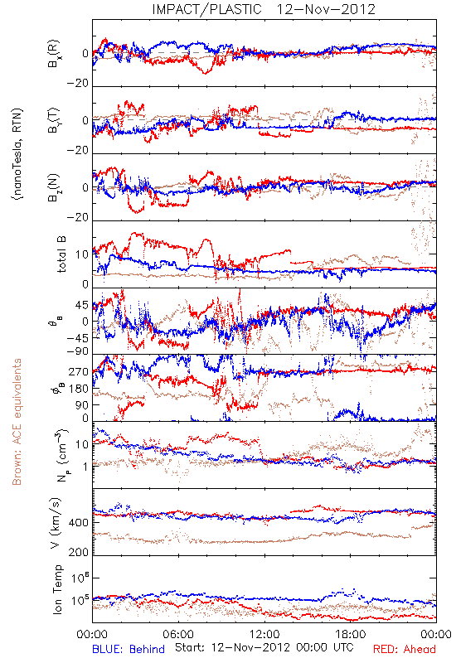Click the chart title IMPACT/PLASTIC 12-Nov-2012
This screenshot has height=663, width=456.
(x=264, y=9)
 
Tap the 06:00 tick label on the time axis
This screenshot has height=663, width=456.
(x=178, y=634)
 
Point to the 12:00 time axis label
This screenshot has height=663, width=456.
(x=264, y=634)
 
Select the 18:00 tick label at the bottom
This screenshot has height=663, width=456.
(x=351, y=634)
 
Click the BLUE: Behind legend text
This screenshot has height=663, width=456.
(x=129, y=649)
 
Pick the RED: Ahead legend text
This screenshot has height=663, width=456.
(x=405, y=649)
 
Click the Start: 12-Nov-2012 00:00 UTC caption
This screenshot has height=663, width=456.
(x=264, y=647)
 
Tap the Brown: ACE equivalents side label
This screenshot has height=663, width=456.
(x=17, y=422)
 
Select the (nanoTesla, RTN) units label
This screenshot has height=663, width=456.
(x=17, y=154)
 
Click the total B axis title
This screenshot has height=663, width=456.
(x=61, y=254)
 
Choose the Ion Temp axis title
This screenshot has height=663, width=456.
(x=57, y=589)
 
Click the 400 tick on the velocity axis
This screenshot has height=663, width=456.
(x=79, y=523)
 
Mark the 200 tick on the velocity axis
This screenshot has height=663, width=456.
(x=79, y=552)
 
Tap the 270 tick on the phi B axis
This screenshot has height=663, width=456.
(x=79, y=371)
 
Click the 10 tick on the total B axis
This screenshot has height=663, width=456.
(x=82, y=254)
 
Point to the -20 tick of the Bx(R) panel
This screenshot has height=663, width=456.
(x=77, y=84)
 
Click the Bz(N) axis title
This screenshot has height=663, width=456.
(x=54, y=187)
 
